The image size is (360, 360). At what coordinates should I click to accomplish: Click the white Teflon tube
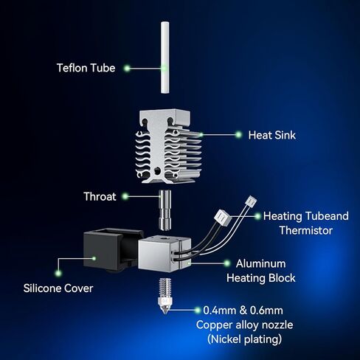pyautogui.click(x=165, y=58)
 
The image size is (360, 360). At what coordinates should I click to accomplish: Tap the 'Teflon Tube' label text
pyautogui.click(x=86, y=68)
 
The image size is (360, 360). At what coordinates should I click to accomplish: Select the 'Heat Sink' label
pyautogui.click(x=271, y=135)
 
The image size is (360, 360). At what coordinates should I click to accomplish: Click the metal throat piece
pyautogui.click(x=165, y=210)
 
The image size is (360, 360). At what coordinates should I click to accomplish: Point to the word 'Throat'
pyautogui.click(x=100, y=196)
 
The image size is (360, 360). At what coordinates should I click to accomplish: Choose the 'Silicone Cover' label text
pyautogui.click(x=58, y=288)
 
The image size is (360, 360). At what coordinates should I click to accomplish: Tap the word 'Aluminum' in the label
pyautogui.click(x=261, y=263)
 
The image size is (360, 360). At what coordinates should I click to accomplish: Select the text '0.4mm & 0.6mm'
pyautogui.click(x=243, y=311)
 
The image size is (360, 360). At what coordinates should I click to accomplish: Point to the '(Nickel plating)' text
pyautogui.click(x=244, y=339)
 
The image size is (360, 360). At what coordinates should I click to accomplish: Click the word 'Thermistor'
pyautogui.click(x=306, y=230)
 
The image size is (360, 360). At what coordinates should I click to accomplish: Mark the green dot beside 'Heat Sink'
pyautogui.click(x=238, y=135)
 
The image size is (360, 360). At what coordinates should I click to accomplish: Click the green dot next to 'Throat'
pyautogui.click(x=125, y=196)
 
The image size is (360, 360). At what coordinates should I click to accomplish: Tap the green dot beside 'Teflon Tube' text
pyautogui.click(x=127, y=68)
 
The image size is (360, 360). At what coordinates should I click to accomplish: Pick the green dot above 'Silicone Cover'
pyautogui.click(x=58, y=273)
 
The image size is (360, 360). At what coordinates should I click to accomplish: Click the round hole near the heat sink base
pyautogui.click(x=156, y=170)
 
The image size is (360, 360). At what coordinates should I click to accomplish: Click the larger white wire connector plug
pyautogui.click(x=223, y=216)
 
